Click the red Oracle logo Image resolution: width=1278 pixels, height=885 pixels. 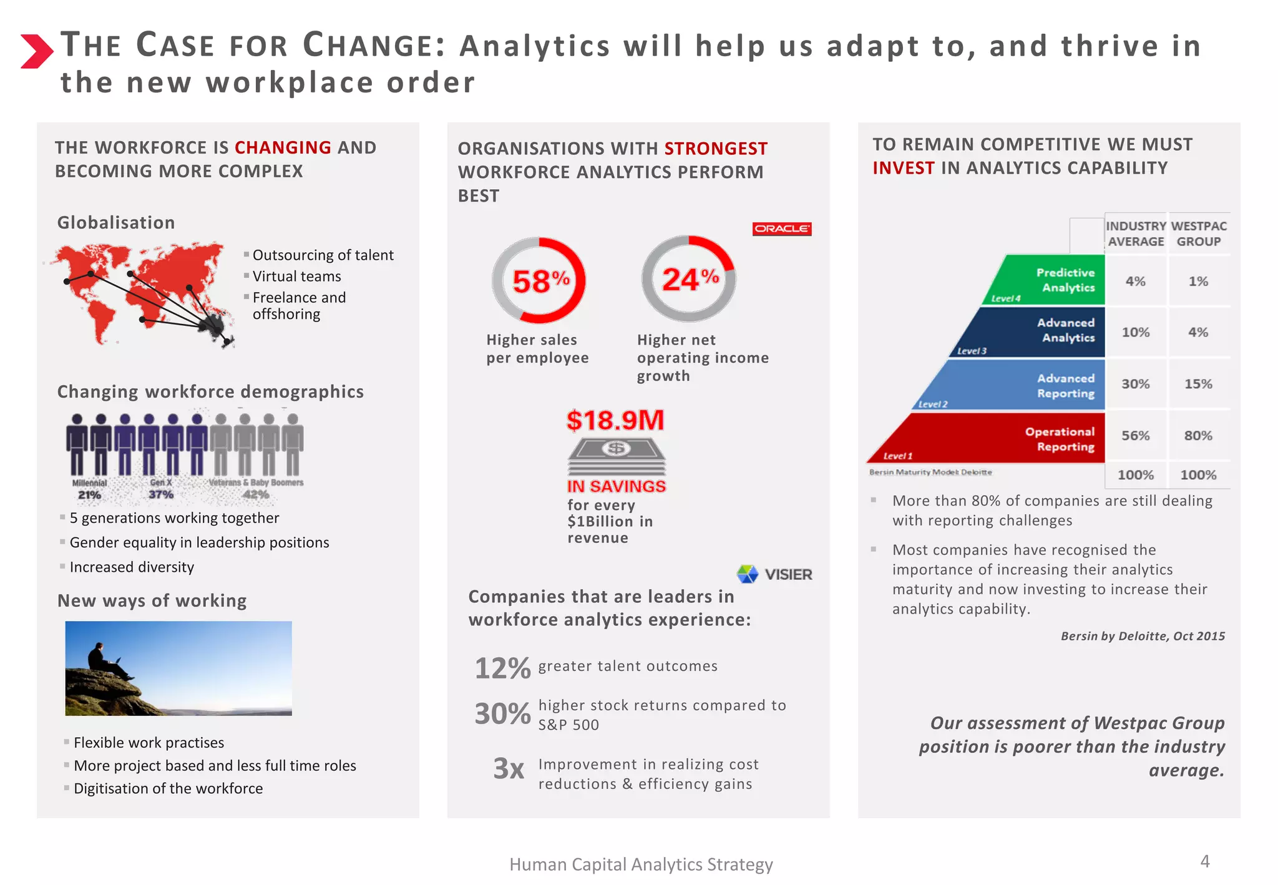(x=781, y=228)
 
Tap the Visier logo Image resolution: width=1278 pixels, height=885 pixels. (x=774, y=574)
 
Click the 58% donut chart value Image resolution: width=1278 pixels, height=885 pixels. (x=540, y=281)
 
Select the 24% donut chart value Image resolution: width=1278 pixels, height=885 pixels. (x=690, y=279)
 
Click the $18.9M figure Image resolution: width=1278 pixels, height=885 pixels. (x=615, y=420)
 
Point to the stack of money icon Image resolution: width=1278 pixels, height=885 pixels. (x=616, y=457)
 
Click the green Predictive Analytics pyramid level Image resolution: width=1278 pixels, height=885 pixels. (x=1055, y=280)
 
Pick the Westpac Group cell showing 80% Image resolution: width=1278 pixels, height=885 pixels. (x=1198, y=436)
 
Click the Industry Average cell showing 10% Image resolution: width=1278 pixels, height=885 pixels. (x=1135, y=332)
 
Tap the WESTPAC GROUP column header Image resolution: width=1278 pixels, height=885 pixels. (x=1198, y=233)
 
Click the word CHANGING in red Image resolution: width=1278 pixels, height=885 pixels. (x=283, y=147)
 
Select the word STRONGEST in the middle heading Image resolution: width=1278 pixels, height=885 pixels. (x=716, y=149)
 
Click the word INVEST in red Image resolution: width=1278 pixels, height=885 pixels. (x=903, y=168)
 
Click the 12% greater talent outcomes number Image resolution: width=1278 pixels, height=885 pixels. (x=502, y=668)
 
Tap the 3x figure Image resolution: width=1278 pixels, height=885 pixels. (x=508, y=768)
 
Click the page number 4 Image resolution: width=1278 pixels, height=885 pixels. (x=1204, y=861)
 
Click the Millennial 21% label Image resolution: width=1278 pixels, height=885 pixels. (x=89, y=489)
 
